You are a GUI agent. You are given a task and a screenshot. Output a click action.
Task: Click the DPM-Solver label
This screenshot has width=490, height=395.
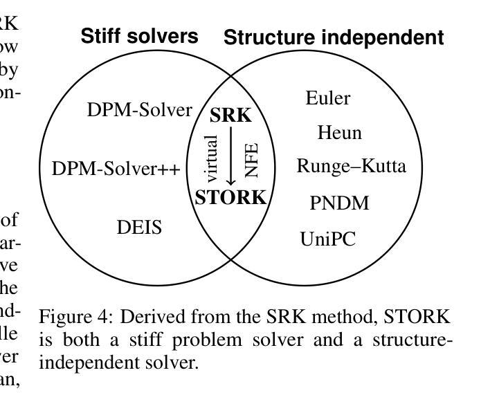coord(139,109)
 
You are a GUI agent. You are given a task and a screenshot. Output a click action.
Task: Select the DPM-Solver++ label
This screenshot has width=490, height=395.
coord(116,168)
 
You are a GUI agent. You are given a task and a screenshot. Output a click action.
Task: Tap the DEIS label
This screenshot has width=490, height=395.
coord(139,226)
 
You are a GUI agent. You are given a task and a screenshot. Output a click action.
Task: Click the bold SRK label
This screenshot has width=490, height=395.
coord(230,116)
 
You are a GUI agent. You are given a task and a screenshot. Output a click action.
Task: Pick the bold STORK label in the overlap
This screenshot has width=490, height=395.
coord(230,197)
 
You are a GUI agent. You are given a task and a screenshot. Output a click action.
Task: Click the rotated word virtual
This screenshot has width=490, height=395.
coord(212,158)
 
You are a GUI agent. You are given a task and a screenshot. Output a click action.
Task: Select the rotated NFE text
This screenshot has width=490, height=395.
coord(251,159)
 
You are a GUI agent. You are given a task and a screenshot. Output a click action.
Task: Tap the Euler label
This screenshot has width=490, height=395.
coord(327,98)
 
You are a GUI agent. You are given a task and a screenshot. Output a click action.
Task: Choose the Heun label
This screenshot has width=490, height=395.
coord(339,132)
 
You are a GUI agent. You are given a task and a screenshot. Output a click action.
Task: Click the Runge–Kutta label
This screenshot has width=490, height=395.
coord(351,166)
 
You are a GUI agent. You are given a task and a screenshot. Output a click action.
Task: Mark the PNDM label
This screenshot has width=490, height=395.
coord(339,203)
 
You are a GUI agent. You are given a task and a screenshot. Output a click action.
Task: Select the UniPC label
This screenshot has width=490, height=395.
coord(327,239)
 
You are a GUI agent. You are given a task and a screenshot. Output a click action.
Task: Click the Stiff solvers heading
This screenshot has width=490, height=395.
coord(139,36)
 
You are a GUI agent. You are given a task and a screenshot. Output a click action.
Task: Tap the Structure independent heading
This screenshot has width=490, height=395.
coord(334,37)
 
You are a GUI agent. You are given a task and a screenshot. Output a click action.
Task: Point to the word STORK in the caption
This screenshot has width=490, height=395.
coord(417,317)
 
